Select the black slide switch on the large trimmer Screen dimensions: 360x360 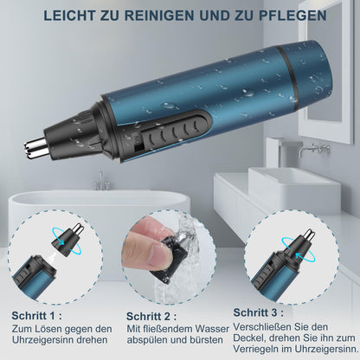175,131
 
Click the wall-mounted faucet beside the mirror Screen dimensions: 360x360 314,148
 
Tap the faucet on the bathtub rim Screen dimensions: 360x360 100,182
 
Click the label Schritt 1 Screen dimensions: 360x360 36,316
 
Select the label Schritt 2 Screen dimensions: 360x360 151,317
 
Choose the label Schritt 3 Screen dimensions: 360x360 258,312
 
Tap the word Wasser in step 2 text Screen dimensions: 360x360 212,329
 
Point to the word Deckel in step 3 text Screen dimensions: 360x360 249,337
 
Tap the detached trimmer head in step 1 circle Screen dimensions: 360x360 68,239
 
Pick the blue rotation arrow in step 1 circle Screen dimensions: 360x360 66,241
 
